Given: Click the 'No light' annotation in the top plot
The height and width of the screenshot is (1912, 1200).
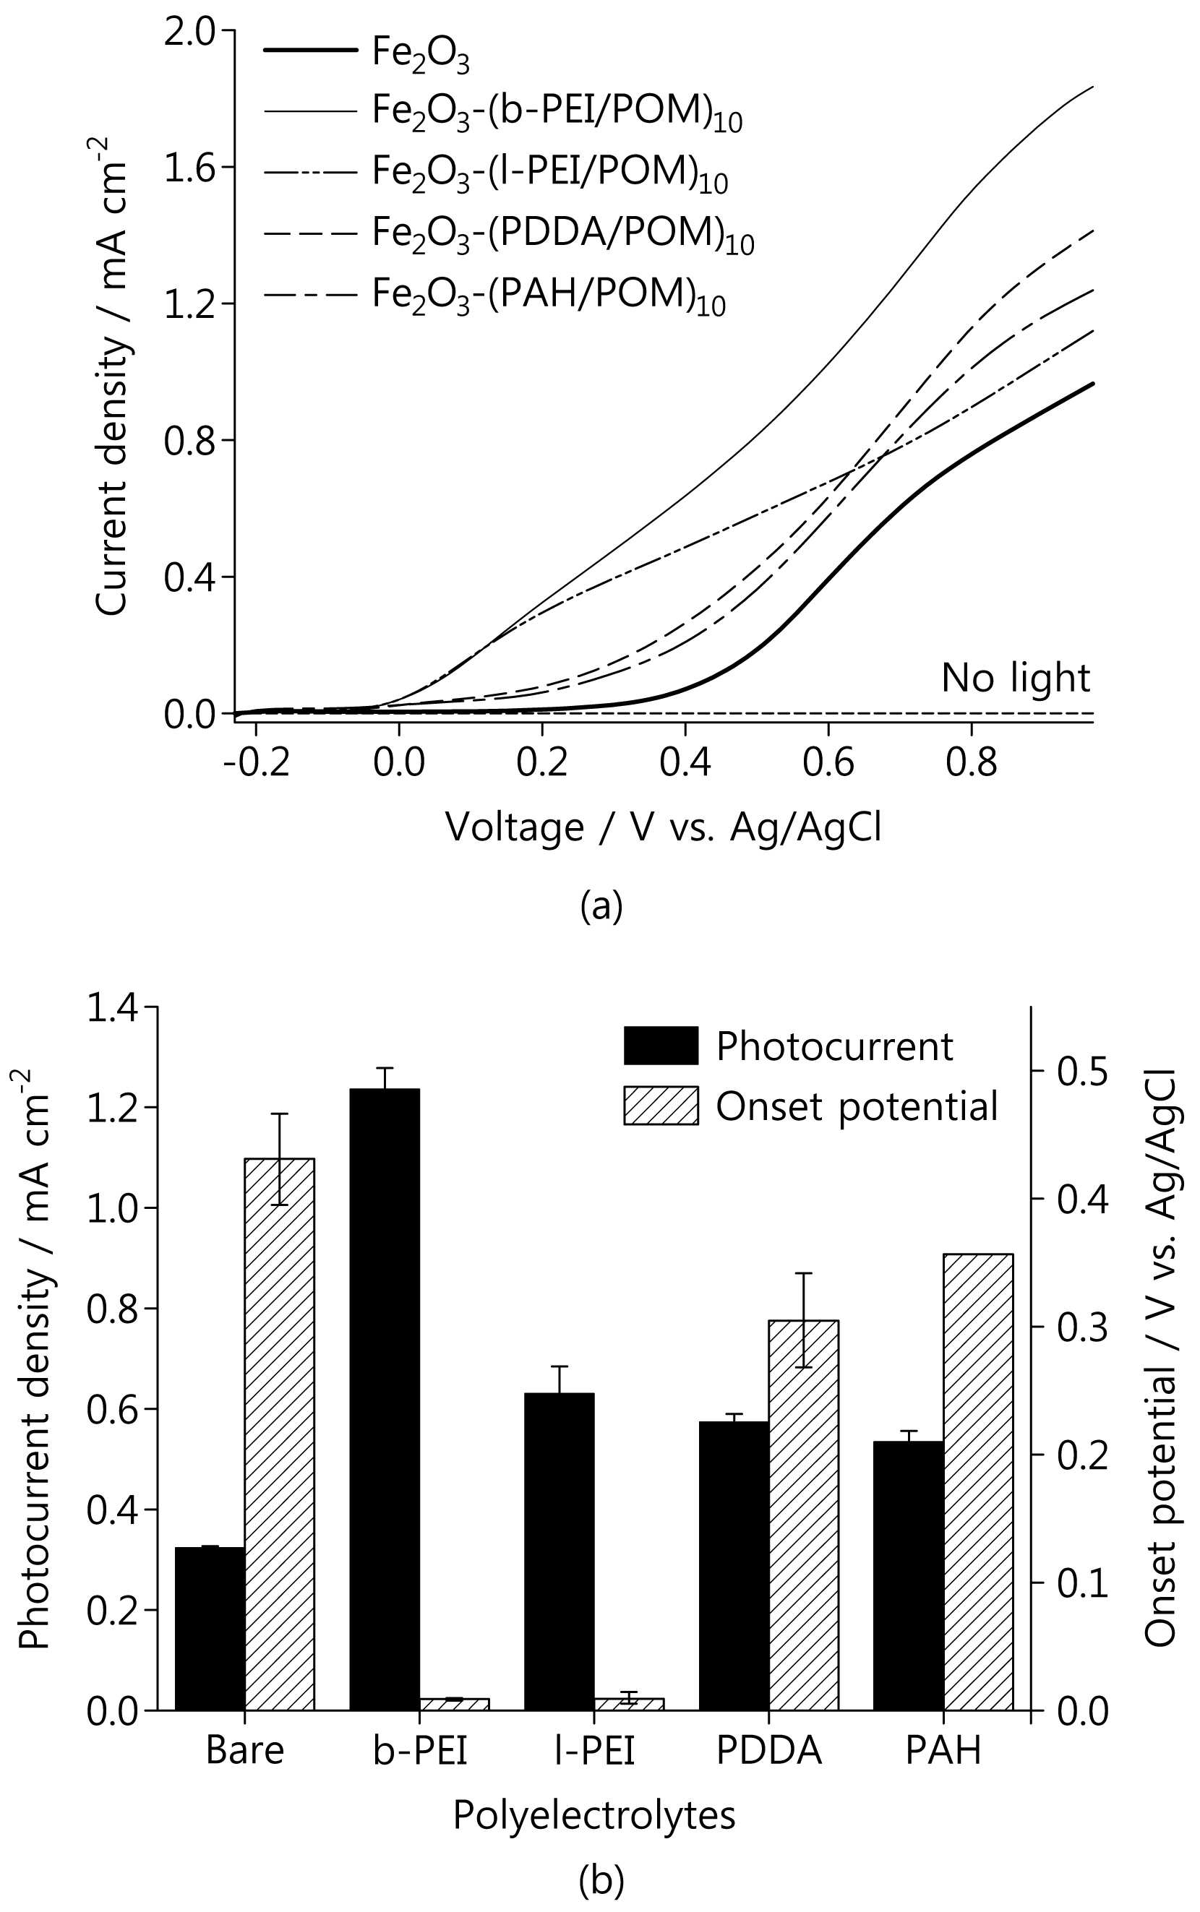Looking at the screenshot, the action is [x=1015, y=679].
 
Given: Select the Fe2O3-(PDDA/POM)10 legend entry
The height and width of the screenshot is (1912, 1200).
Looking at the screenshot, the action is [x=508, y=235].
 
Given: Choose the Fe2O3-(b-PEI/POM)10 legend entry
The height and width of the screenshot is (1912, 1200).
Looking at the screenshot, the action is [x=502, y=113].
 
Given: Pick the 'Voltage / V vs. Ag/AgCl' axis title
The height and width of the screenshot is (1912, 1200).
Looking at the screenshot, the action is [x=664, y=827].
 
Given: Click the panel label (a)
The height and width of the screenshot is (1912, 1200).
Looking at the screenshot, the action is [x=601, y=905].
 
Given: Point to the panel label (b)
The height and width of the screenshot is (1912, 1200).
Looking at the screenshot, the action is [x=601, y=1881].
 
